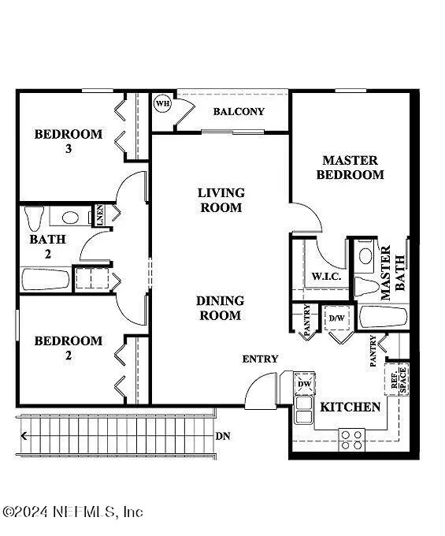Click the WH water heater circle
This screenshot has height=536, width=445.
coord(162,103)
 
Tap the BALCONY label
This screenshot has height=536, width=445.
coord(239,111)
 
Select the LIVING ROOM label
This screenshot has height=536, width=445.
coord(221,200)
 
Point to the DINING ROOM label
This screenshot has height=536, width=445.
coord(221,308)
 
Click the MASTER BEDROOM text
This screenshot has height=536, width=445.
coord(350,167)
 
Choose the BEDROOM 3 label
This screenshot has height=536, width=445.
coord(69,140)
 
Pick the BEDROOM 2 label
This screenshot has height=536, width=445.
coord(69,348)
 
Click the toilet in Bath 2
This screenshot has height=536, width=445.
coord(34,218)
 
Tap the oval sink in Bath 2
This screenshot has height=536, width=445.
coord(70,218)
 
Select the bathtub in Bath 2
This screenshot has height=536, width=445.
coord(46,279)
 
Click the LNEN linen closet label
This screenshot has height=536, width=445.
coord(99,214)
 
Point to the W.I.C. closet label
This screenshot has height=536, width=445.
coord(326,276)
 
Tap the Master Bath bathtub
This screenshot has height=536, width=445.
coord(384,317)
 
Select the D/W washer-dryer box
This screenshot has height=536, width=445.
coord(337,318)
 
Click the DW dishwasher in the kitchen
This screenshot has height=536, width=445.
coord(304,384)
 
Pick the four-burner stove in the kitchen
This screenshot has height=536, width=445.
coord(352,440)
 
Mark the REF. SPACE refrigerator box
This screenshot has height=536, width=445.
coord(397,379)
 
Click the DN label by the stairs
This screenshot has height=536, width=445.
coord(223,436)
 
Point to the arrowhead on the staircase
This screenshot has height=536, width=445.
coord(24,436)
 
